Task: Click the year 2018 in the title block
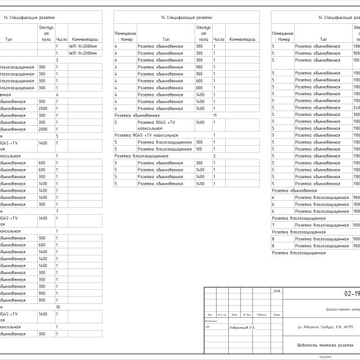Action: (278, 292)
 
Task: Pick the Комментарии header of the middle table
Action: (242, 38)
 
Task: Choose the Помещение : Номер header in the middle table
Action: (126, 35)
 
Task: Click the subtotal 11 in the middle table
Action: (215, 115)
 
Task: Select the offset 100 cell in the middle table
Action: (199, 148)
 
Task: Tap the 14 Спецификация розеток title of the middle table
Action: (186, 19)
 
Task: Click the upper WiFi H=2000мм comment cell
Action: (82, 46)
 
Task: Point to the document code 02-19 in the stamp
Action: (351, 293)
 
